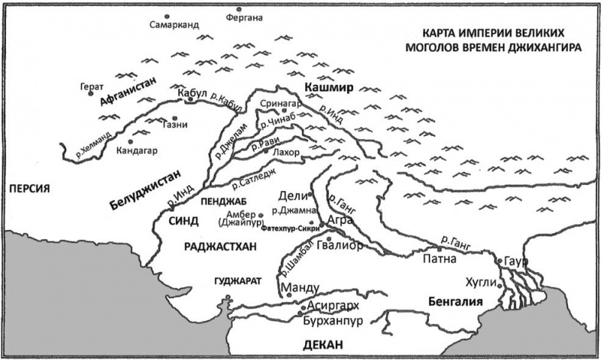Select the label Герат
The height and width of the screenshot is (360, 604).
90,86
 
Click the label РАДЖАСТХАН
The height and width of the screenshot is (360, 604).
219,245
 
